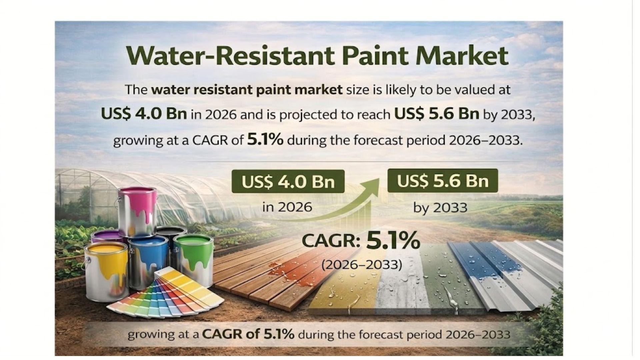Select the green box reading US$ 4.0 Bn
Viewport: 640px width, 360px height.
pyautogui.click(x=288, y=181)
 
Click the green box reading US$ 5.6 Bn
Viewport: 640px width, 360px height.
pyautogui.click(x=443, y=181)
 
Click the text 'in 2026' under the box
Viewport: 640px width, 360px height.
pyautogui.click(x=287, y=207)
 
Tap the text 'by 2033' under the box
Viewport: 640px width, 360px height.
pyautogui.click(x=440, y=208)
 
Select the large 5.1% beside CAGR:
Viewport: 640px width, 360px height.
pyautogui.click(x=393, y=241)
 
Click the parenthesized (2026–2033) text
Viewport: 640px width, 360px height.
pyautogui.click(x=362, y=264)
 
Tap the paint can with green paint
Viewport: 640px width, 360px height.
pyautogui.click(x=194, y=260)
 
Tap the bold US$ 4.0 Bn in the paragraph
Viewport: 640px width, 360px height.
pyautogui.click(x=144, y=114)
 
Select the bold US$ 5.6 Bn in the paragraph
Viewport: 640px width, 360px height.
pyautogui.click(x=437, y=114)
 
